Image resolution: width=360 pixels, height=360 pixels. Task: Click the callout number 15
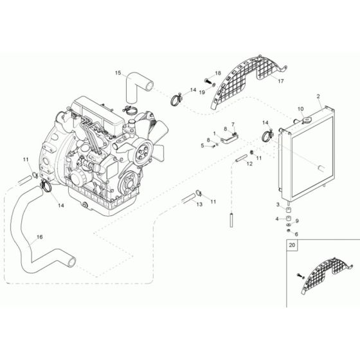pyautogui.click(x=118, y=74)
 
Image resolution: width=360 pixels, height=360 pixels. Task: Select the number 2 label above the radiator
pyautogui.click(x=318, y=96)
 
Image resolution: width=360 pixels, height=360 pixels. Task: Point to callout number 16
pyautogui.click(x=39, y=237)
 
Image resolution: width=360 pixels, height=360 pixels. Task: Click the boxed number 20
pyautogui.click(x=294, y=246)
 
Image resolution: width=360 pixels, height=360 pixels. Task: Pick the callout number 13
pyautogui.click(x=199, y=204)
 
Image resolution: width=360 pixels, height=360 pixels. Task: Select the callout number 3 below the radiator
pyautogui.click(x=278, y=204)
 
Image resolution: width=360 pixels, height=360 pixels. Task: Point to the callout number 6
pyautogui.click(x=296, y=233)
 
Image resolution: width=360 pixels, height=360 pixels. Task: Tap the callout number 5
pyautogui.click(x=201, y=146)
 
